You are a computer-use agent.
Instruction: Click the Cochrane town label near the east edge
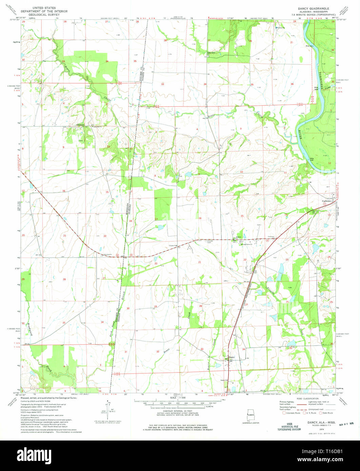(x=326, y=201)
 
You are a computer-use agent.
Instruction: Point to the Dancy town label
(x=232, y=357)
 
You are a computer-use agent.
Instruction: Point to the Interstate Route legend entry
(x=292, y=413)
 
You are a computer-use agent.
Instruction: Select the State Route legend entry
(x=327, y=413)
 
